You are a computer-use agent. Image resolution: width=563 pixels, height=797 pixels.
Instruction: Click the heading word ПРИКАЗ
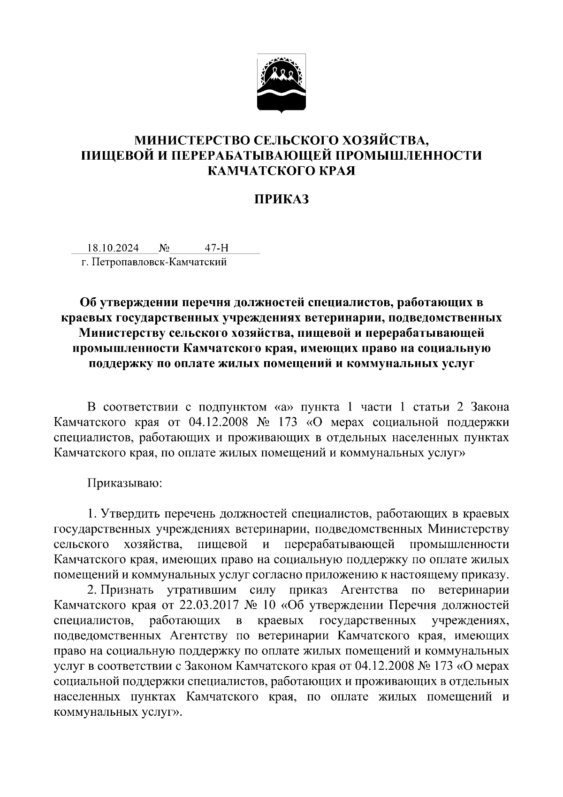click(281, 199)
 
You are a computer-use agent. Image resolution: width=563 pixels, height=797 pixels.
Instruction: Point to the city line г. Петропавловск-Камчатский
click(153, 262)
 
